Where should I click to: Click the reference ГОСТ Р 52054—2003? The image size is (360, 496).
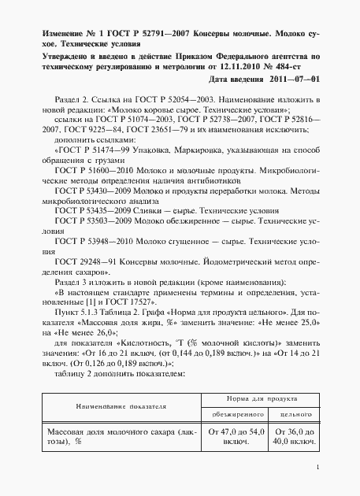tap(165, 102)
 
